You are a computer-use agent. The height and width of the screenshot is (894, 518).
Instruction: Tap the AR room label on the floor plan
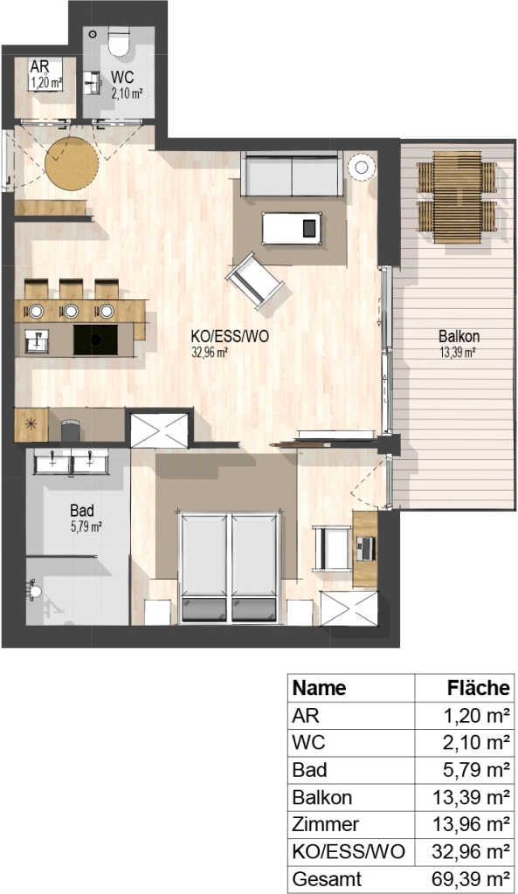pyautogui.click(x=39, y=65)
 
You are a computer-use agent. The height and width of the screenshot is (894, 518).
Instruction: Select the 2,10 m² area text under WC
pyautogui.click(x=127, y=93)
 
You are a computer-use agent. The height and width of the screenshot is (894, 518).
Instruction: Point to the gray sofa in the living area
pyautogui.click(x=292, y=174)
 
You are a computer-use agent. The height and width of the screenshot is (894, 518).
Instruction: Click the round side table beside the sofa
pyautogui.click(x=363, y=167)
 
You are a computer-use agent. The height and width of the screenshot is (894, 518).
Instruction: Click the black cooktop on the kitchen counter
pyautogui.click(x=96, y=340)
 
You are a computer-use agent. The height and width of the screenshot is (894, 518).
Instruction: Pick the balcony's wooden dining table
pyautogui.click(x=456, y=197)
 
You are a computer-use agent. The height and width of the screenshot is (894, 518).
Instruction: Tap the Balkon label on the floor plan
pyautogui.click(x=459, y=336)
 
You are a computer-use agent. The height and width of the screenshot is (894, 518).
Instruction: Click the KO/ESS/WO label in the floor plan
pyautogui.click(x=230, y=337)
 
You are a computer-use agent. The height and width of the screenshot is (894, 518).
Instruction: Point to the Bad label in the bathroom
pyautogui.click(x=82, y=510)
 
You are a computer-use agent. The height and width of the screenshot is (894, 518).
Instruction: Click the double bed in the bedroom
pyautogui.click(x=230, y=566)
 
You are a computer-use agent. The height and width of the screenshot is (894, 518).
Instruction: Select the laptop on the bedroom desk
pyautogui.click(x=366, y=548)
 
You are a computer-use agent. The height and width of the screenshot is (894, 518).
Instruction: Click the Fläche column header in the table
pyautogui.click(x=478, y=688)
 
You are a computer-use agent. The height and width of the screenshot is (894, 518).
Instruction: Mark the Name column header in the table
pyautogui.click(x=319, y=688)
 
